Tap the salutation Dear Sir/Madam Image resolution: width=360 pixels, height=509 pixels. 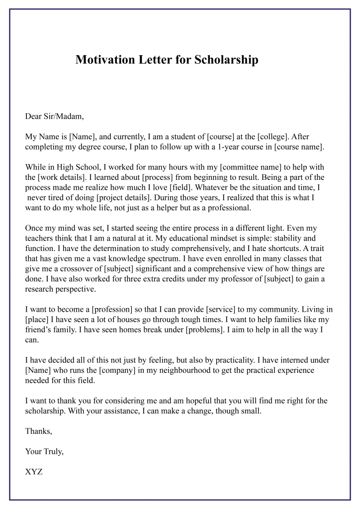[x=55, y=117]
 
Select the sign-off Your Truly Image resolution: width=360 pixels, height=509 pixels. [x=44, y=451]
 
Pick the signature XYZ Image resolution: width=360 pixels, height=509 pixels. [x=34, y=472]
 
